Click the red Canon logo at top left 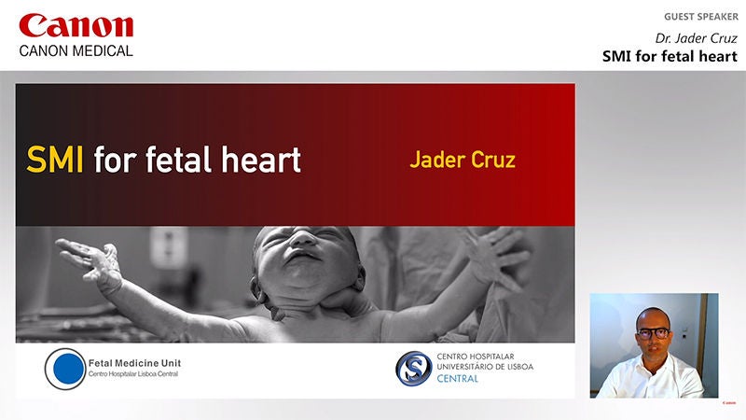tap(76, 26)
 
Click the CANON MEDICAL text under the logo tap(76, 51)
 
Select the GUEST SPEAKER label tap(701, 17)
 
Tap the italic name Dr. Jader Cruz tap(696, 38)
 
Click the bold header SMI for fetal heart tap(670, 56)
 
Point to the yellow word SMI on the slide tap(55, 160)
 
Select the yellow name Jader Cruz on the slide tap(463, 160)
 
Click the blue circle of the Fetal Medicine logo tap(68, 369)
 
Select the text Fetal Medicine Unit tap(134, 363)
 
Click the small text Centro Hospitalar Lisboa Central tap(133, 374)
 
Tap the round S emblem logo tap(413, 369)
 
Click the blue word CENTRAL tap(457, 379)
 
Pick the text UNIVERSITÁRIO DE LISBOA tap(485, 367)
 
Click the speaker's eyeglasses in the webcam tap(654, 333)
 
